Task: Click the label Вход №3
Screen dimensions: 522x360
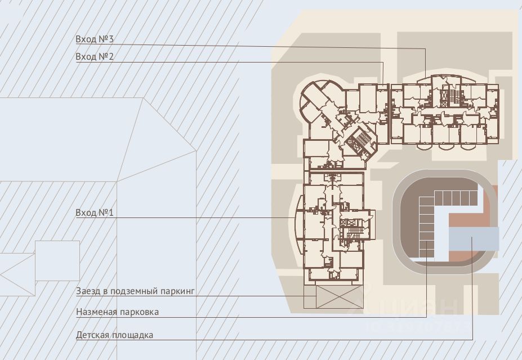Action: [95, 39]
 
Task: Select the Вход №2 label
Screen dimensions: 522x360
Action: [95, 57]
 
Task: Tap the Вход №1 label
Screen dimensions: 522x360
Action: [95, 213]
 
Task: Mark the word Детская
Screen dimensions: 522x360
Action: [92, 335]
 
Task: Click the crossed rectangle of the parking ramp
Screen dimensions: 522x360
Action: [340, 296]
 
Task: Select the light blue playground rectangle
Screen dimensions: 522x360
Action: [474, 239]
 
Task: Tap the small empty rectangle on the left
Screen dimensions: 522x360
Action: [57, 260]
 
